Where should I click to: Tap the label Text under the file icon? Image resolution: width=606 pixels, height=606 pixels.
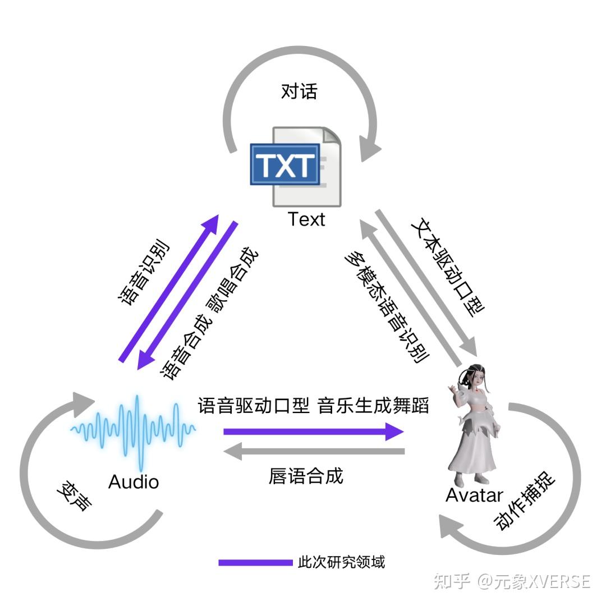tap(306, 219)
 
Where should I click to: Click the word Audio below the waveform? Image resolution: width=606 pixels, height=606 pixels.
tap(134, 481)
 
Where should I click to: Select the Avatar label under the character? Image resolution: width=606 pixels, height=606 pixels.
tap(474, 495)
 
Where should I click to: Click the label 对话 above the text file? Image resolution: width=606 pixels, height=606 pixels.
tap(299, 91)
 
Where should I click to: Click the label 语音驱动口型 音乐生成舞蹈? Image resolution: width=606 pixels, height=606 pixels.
tap(313, 405)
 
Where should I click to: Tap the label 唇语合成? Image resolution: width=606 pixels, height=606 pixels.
tap(306, 476)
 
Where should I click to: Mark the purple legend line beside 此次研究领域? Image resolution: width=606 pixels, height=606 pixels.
tap(255, 562)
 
